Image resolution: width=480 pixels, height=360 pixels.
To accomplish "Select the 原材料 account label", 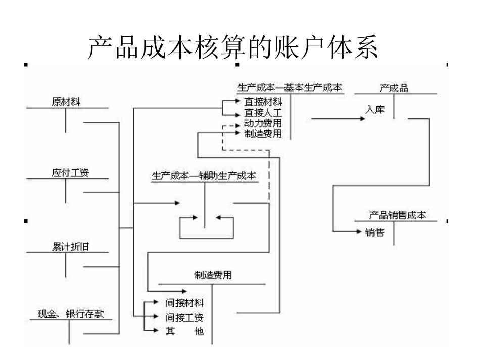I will tap(66, 101).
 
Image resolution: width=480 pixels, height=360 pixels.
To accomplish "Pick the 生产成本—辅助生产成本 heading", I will tap(204, 176).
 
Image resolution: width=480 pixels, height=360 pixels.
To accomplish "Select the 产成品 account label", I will tap(394, 88).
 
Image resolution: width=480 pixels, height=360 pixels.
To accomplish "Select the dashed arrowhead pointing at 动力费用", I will tap(237, 125).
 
